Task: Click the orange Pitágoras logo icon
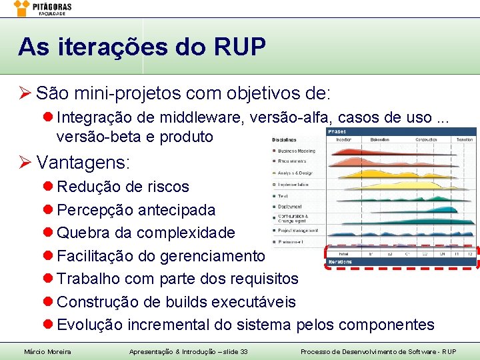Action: (x=22, y=7)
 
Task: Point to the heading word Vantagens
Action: (x=83, y=162)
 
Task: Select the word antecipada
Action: (x=177, y=210)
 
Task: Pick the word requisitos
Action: (x=263, y=279)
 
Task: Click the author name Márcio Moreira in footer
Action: (x=47, y=351)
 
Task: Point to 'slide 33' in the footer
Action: (x=233, y=351)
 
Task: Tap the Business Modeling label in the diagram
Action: (x=297, y=151)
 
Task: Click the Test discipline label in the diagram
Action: (x=283, y=196)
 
